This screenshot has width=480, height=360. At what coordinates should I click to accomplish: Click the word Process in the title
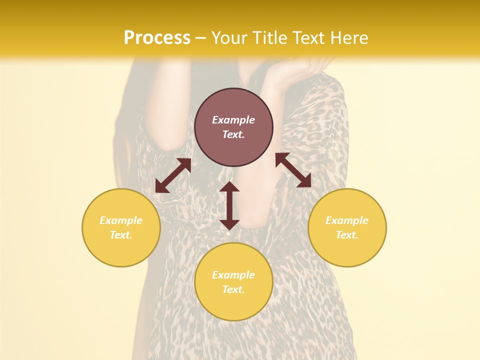157,38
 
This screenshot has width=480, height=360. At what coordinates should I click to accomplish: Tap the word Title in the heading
269,38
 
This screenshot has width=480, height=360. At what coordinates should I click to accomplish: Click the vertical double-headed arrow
229,205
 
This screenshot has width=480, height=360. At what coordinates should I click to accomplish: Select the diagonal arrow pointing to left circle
173,175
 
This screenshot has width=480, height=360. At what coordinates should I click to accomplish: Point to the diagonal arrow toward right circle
293,170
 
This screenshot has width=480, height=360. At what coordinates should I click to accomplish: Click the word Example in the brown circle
233,120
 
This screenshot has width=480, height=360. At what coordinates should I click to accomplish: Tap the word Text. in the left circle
121,235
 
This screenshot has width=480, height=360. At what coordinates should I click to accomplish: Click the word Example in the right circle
347,220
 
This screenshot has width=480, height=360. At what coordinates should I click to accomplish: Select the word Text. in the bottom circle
233,289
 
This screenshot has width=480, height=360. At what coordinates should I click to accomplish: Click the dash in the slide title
201,38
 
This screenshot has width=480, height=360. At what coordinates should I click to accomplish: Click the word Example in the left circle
121,220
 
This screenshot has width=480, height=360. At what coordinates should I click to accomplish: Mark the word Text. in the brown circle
233,134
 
